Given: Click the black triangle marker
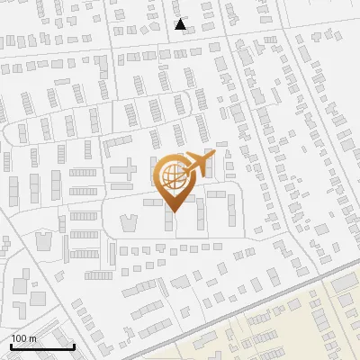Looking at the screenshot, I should pos(181,24).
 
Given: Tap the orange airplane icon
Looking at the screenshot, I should pos(200,165).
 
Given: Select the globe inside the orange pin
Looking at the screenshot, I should pos(173,178).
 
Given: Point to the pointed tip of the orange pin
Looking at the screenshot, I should pos(173,211).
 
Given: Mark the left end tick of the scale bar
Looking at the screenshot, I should pos(11,346).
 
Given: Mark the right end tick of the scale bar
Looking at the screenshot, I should pos(74,346).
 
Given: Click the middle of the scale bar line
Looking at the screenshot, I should pos(42,347).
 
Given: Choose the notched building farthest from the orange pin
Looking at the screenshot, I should pos(42,240).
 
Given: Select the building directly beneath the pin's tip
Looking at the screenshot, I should pos(169,221).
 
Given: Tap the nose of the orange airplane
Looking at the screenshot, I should pos(213,158).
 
